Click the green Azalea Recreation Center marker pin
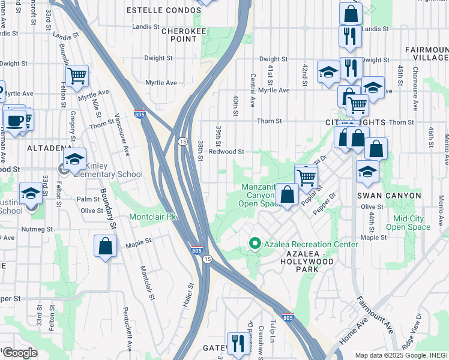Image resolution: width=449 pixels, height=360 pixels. [x=255, y=244]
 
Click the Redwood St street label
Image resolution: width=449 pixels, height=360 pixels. [x=226, y=152]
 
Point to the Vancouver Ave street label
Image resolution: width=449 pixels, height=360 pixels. [x=122, y=134]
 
